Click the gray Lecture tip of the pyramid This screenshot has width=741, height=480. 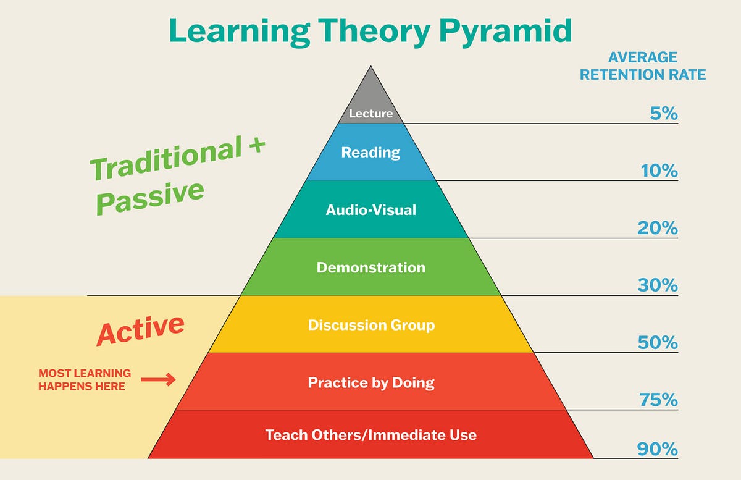tap(371, 102)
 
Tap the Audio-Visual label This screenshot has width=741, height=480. tap(371, 210)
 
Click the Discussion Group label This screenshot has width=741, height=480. tap(371, 325)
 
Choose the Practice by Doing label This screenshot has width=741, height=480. tap(371, 382)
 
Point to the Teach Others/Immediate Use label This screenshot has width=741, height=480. tap(371, 435)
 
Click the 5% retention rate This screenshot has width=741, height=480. tap(663, 114)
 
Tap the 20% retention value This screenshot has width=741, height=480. tap(658, 228)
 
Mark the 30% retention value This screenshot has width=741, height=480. tap(658, 285)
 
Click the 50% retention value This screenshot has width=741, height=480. tap(658, 342)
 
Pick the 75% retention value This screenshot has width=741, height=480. tap(658, 400)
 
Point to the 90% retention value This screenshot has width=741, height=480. tap(658, 448)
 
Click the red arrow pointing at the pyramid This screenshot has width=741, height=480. tap(158, 380)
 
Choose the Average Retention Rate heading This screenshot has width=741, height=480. tap(642, 66)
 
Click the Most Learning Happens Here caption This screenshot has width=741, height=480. tap(85, 380)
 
